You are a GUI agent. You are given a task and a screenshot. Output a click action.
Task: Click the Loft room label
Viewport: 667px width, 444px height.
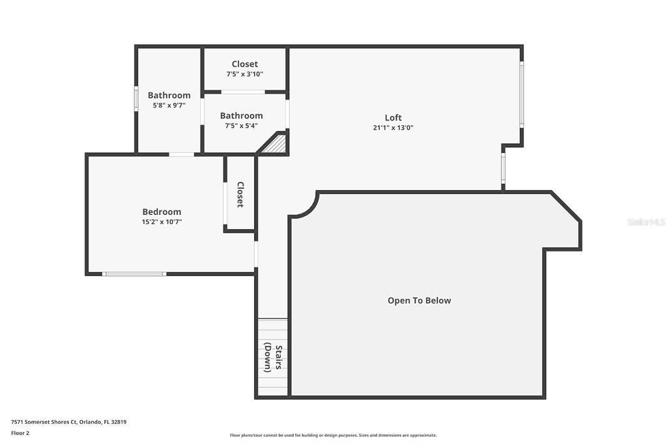393,118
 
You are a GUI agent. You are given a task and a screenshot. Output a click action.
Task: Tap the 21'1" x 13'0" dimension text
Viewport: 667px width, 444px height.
393,128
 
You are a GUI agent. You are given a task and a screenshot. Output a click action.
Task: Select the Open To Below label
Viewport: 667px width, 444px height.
419,301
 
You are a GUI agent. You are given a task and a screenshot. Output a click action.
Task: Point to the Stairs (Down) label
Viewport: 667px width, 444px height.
273,357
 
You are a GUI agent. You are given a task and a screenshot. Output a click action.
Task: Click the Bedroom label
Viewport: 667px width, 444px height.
162,212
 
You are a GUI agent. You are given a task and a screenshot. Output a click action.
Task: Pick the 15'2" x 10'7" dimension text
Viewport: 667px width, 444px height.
162,222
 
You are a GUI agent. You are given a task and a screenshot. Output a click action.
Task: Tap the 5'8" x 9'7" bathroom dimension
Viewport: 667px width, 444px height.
169,105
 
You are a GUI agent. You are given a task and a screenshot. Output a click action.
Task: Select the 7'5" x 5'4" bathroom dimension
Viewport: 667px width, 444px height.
241,126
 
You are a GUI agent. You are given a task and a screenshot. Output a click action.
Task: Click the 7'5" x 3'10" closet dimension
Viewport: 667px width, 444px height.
244,74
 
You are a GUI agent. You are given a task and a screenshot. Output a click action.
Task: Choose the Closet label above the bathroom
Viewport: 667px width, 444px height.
244,64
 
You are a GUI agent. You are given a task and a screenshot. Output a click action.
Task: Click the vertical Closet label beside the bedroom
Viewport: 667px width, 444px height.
240,194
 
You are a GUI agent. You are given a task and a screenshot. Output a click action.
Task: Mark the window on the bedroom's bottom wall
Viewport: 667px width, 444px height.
135,273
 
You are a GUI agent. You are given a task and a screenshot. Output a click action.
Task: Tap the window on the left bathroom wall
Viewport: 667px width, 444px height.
136,99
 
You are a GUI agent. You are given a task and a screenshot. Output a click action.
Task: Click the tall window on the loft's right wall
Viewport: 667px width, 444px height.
521,94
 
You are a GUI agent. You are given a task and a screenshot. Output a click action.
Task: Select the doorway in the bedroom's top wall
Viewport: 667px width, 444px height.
181,154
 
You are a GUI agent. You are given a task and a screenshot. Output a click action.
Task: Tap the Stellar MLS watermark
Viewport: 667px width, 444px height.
646,222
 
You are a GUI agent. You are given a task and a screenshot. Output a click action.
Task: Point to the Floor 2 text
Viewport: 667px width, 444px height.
20,432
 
